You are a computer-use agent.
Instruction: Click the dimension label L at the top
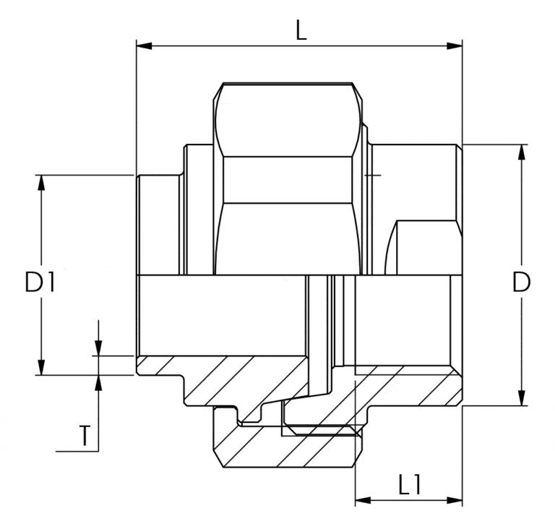(301, 30)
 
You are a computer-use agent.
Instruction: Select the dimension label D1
(40, 281)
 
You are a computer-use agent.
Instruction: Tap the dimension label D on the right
(521, 282)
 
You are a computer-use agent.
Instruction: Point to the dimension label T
(85, 436)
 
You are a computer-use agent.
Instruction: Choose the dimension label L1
(410, 484)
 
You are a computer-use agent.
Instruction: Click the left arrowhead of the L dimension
(144, 46)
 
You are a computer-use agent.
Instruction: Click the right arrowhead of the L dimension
(455, 46)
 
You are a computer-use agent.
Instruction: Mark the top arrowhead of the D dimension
(521, 153)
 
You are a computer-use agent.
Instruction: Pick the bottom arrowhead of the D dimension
(521, 398)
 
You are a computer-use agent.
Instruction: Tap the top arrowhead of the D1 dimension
(42, 183)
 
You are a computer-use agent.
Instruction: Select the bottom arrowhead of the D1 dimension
(42, 367)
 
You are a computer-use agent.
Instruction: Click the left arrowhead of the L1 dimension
(363, 500)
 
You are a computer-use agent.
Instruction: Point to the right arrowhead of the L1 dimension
(455, 500)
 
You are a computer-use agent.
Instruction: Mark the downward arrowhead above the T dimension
(98, 348)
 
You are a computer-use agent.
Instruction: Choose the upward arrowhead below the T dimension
(98, 383)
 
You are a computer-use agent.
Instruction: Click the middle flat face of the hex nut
(288, 180)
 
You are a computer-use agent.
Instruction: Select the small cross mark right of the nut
(373, 175)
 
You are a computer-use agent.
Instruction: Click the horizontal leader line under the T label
(77, 452)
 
